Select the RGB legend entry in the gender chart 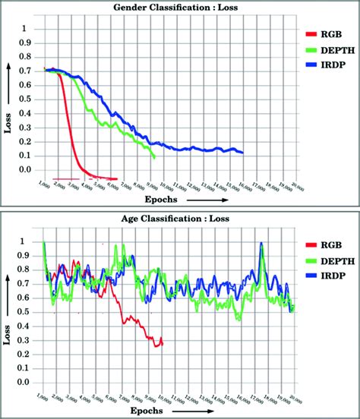pyautogui.click(x=329, y=35)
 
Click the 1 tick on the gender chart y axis pyautogui.click(x=30, y=29)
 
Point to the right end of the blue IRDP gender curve pyautogui.click(x=243, y=153)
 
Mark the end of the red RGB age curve pyautogui.click(x=163, y=343)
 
